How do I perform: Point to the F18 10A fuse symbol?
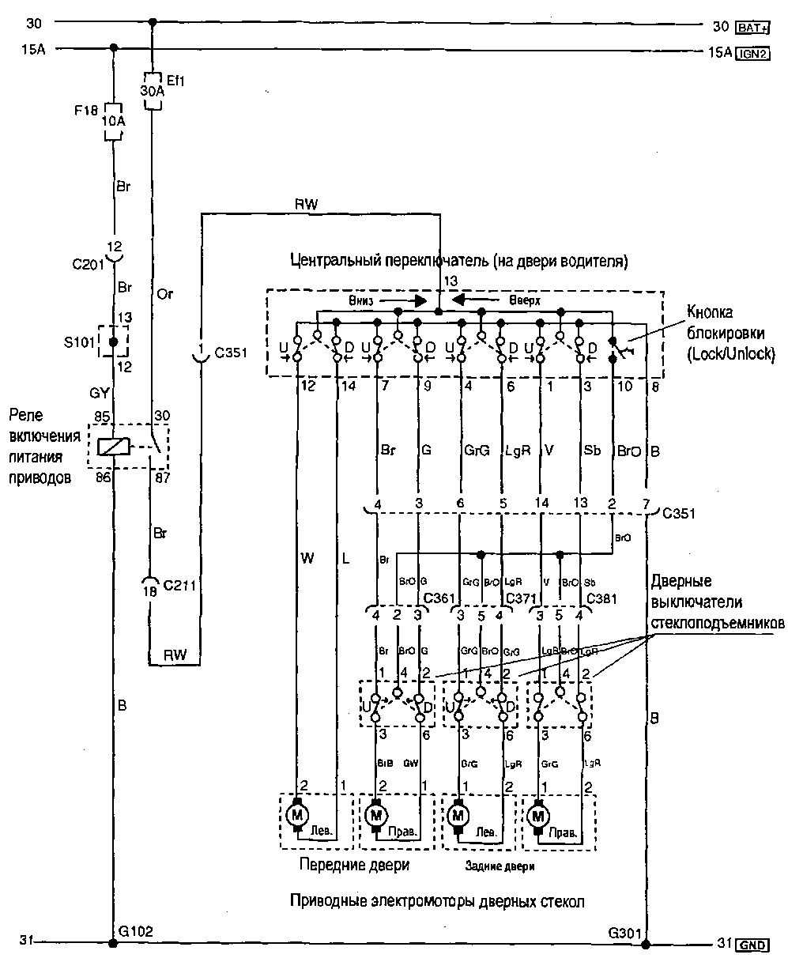click(114, 123)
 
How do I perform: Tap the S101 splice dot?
click(114, 341)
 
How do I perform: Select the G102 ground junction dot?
click(114, 943)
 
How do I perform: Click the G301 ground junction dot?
click(646, 943)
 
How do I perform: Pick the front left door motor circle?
click(297, 813)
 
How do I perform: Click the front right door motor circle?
click(377, 813)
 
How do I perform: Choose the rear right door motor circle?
click(539, 813)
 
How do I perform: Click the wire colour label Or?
click(164, 295)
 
